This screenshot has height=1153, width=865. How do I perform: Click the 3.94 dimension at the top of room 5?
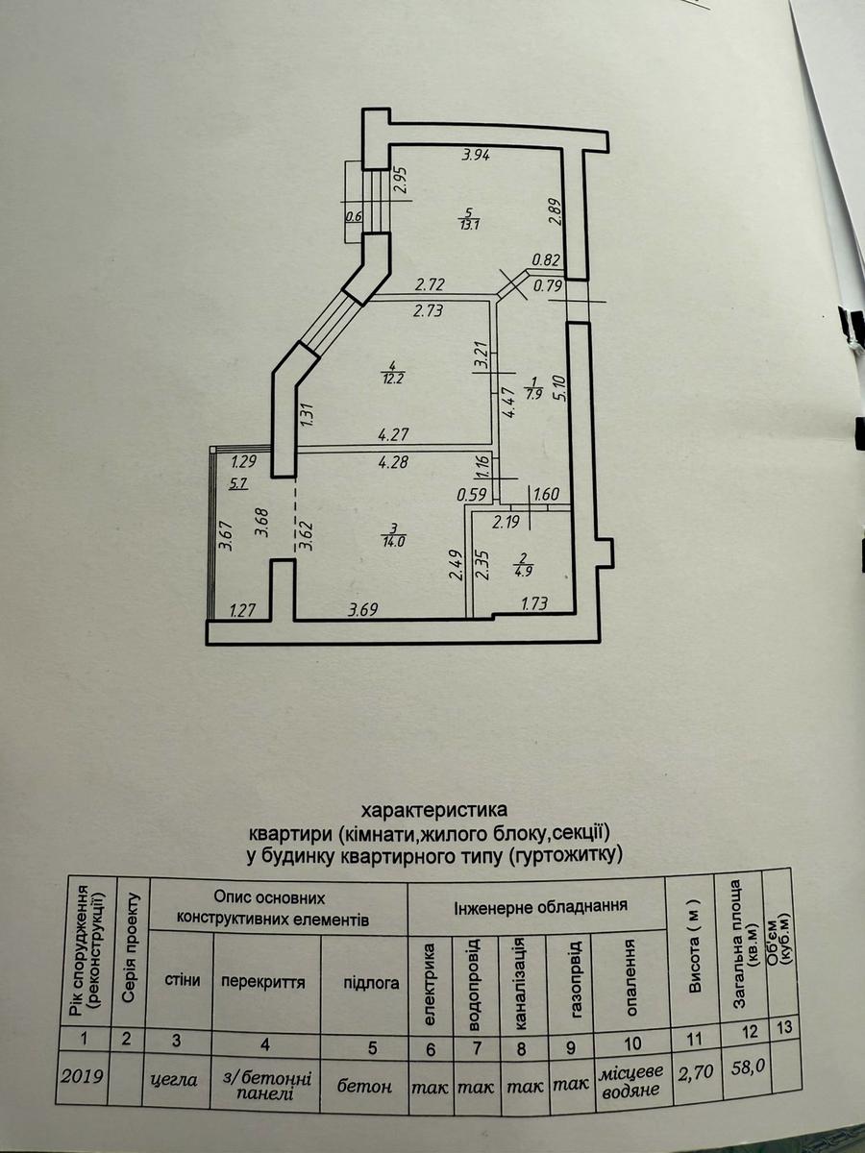click(x=476, y=156)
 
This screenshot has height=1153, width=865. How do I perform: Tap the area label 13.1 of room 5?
click(x=468, y=226)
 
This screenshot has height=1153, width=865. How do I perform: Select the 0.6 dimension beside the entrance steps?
click(x=353, y=216)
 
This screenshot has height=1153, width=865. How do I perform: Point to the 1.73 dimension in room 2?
click(x=535, y=604)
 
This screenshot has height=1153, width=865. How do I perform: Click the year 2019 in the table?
click(x=84, y=1080)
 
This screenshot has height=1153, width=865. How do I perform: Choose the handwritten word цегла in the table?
click(x=175, y=1080)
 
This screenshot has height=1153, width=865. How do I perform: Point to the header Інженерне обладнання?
click(x=541, y=906)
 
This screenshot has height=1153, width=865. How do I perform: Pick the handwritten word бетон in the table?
click(x=364, y=1086)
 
